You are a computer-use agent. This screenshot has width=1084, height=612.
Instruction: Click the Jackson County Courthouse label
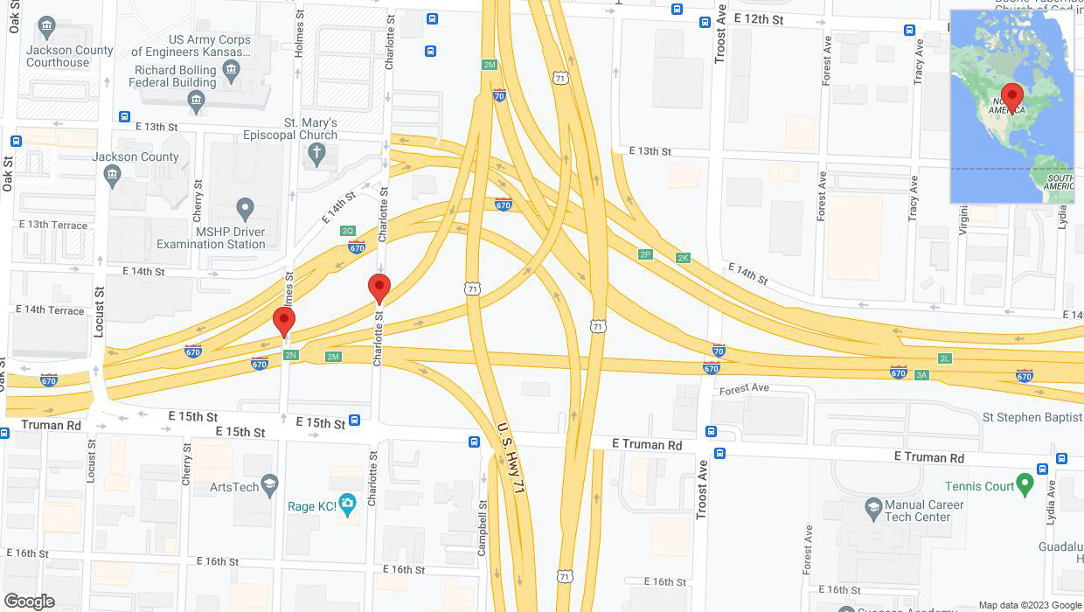click(70, 56)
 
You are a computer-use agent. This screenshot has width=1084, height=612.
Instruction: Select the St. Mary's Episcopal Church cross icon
click(317, 155)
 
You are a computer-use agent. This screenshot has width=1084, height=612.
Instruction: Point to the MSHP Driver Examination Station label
click(211, 238)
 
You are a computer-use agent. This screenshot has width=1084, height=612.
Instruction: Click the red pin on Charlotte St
click(379, 289)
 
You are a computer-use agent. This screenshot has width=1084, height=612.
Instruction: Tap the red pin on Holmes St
click(283, 322)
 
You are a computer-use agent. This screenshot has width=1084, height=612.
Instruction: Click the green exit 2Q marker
click(348, 231)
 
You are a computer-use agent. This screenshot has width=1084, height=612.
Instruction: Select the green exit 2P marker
click(645, 254)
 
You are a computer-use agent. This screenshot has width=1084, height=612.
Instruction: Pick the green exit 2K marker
click(683, 258)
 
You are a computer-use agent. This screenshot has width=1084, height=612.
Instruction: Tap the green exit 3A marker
click(921, 375)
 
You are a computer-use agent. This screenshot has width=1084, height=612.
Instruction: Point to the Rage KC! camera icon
click(348, 504)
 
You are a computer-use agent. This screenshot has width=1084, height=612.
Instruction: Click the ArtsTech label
click(233, 487)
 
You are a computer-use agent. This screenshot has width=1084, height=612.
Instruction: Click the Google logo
click(29, 601)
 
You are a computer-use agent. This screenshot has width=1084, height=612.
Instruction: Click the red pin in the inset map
click(1012, 97)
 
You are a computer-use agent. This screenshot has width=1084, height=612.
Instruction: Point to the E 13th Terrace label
click(53, 225)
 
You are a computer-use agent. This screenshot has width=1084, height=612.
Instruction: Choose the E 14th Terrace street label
click(50, 310)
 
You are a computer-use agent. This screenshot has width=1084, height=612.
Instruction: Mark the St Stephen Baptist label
click(1032, 417)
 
